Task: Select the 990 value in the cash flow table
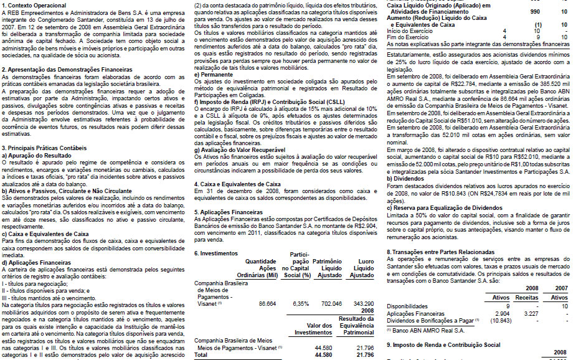[535, 11]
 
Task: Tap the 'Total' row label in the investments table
[201, 354]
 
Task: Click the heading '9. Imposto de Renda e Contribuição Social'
[443, 344]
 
